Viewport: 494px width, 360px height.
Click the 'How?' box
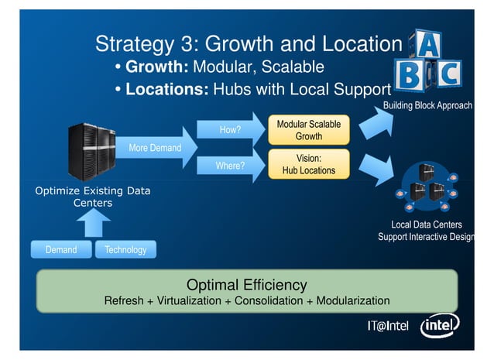(230, 130)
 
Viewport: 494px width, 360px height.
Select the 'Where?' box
(230, 165)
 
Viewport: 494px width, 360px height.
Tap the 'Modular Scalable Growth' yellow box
(308, 130)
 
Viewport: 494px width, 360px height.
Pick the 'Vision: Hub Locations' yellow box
(308, 164)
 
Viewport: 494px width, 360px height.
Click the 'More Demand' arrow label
(155, 148)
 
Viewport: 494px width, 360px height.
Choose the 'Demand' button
(60, 249)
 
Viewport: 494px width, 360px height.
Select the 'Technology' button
(125, 249)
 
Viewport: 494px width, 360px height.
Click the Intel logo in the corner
(439, 325)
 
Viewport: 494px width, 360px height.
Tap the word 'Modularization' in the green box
(352, 300)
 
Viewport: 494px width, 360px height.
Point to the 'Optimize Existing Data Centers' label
(93, 197)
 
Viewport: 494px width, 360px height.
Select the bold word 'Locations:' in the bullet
(166, 89)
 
